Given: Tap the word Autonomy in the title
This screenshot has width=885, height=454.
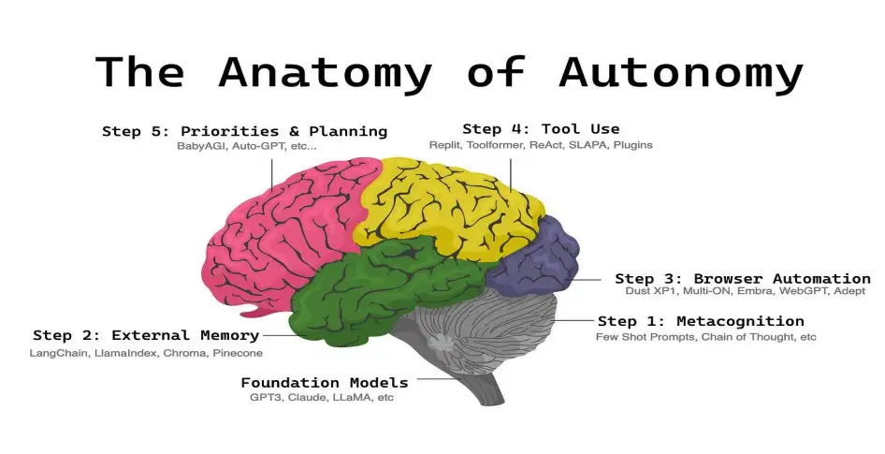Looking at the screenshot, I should pyautogui.click(x=680, y=72).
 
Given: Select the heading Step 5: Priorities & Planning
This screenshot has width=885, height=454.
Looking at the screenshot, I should pyautogui.click(x=244, y=131).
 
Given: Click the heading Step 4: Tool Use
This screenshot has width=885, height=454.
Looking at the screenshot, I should pyautogui.click(x=541, y=128).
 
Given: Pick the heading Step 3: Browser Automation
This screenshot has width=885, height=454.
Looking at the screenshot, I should pyautogui.click(x=742, y=278).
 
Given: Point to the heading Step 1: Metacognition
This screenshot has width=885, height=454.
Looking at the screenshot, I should pyautogui.click(x=700, y=321).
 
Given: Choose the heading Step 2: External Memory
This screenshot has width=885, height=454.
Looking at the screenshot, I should pyautogui.click(x=146, y=335).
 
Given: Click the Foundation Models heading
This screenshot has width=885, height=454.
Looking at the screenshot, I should pyautogui.click(x=325, y=382).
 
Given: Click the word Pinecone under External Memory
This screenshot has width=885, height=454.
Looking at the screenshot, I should pyautogui.click(x=238, y=353).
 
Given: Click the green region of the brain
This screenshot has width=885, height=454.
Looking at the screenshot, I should pyautogui.click(x=374, y=281).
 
